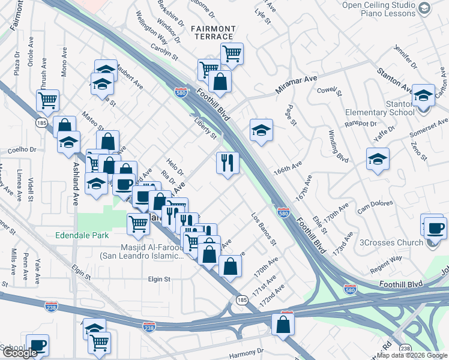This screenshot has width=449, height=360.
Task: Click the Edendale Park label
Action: point(82,235)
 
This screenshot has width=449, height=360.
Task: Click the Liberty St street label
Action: point(205,127)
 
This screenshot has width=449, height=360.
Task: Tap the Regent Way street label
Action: point(387,262)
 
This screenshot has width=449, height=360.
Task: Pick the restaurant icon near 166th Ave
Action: point(228,163)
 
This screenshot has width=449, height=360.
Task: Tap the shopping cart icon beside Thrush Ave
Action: point(48,100)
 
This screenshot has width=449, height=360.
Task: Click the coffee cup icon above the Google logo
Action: point(37,345)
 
